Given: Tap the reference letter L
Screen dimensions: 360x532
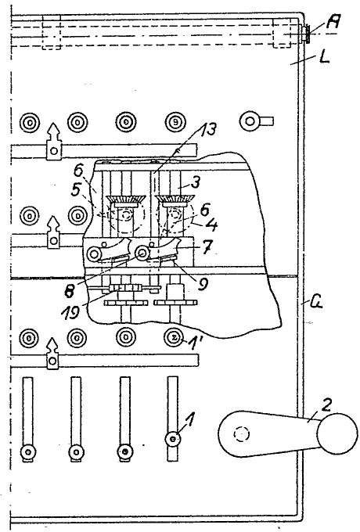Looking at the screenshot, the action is (x=324, y=58).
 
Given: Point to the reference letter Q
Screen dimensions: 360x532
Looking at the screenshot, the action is (x=317, y=301).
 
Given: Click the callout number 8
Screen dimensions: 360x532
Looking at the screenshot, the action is (x=70, y=292).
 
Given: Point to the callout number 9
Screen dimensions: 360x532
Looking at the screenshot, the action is (x=203, y=284).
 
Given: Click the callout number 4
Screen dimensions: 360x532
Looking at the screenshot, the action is (x=212, y=225).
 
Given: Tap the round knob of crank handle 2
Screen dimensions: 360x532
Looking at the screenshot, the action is (x=337, y=433).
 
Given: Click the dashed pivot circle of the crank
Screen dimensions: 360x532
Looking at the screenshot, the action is (x=242, y=434).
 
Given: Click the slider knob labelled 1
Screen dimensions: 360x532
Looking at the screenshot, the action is (x=173, y=439).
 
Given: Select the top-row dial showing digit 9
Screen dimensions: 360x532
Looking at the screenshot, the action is (x=175, y=122).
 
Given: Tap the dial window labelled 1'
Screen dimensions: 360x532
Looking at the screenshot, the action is (x=174, y=338).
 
